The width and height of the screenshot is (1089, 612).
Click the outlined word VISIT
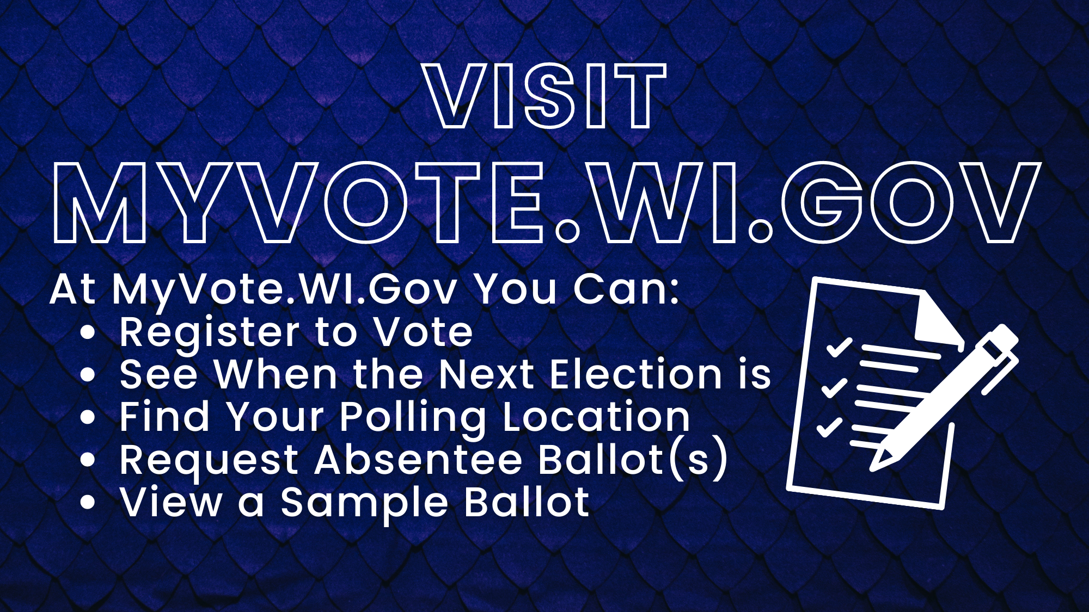click(545, 96)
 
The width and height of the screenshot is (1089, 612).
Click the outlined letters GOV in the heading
click(911, 203)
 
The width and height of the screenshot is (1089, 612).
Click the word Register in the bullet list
click(209, 333)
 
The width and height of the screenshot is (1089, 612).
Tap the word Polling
click(413, 418)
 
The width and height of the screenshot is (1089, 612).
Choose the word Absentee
click(419, 460)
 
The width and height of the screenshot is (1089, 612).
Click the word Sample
click(364, 503)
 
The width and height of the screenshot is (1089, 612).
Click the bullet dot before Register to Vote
click(88, 333)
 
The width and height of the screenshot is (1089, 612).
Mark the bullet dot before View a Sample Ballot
click(88, 502)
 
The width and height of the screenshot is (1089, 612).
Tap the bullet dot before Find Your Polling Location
click(88, 417)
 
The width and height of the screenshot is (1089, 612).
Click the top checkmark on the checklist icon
click(839, 347)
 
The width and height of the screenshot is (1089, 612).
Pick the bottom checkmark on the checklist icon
click(829, 427)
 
